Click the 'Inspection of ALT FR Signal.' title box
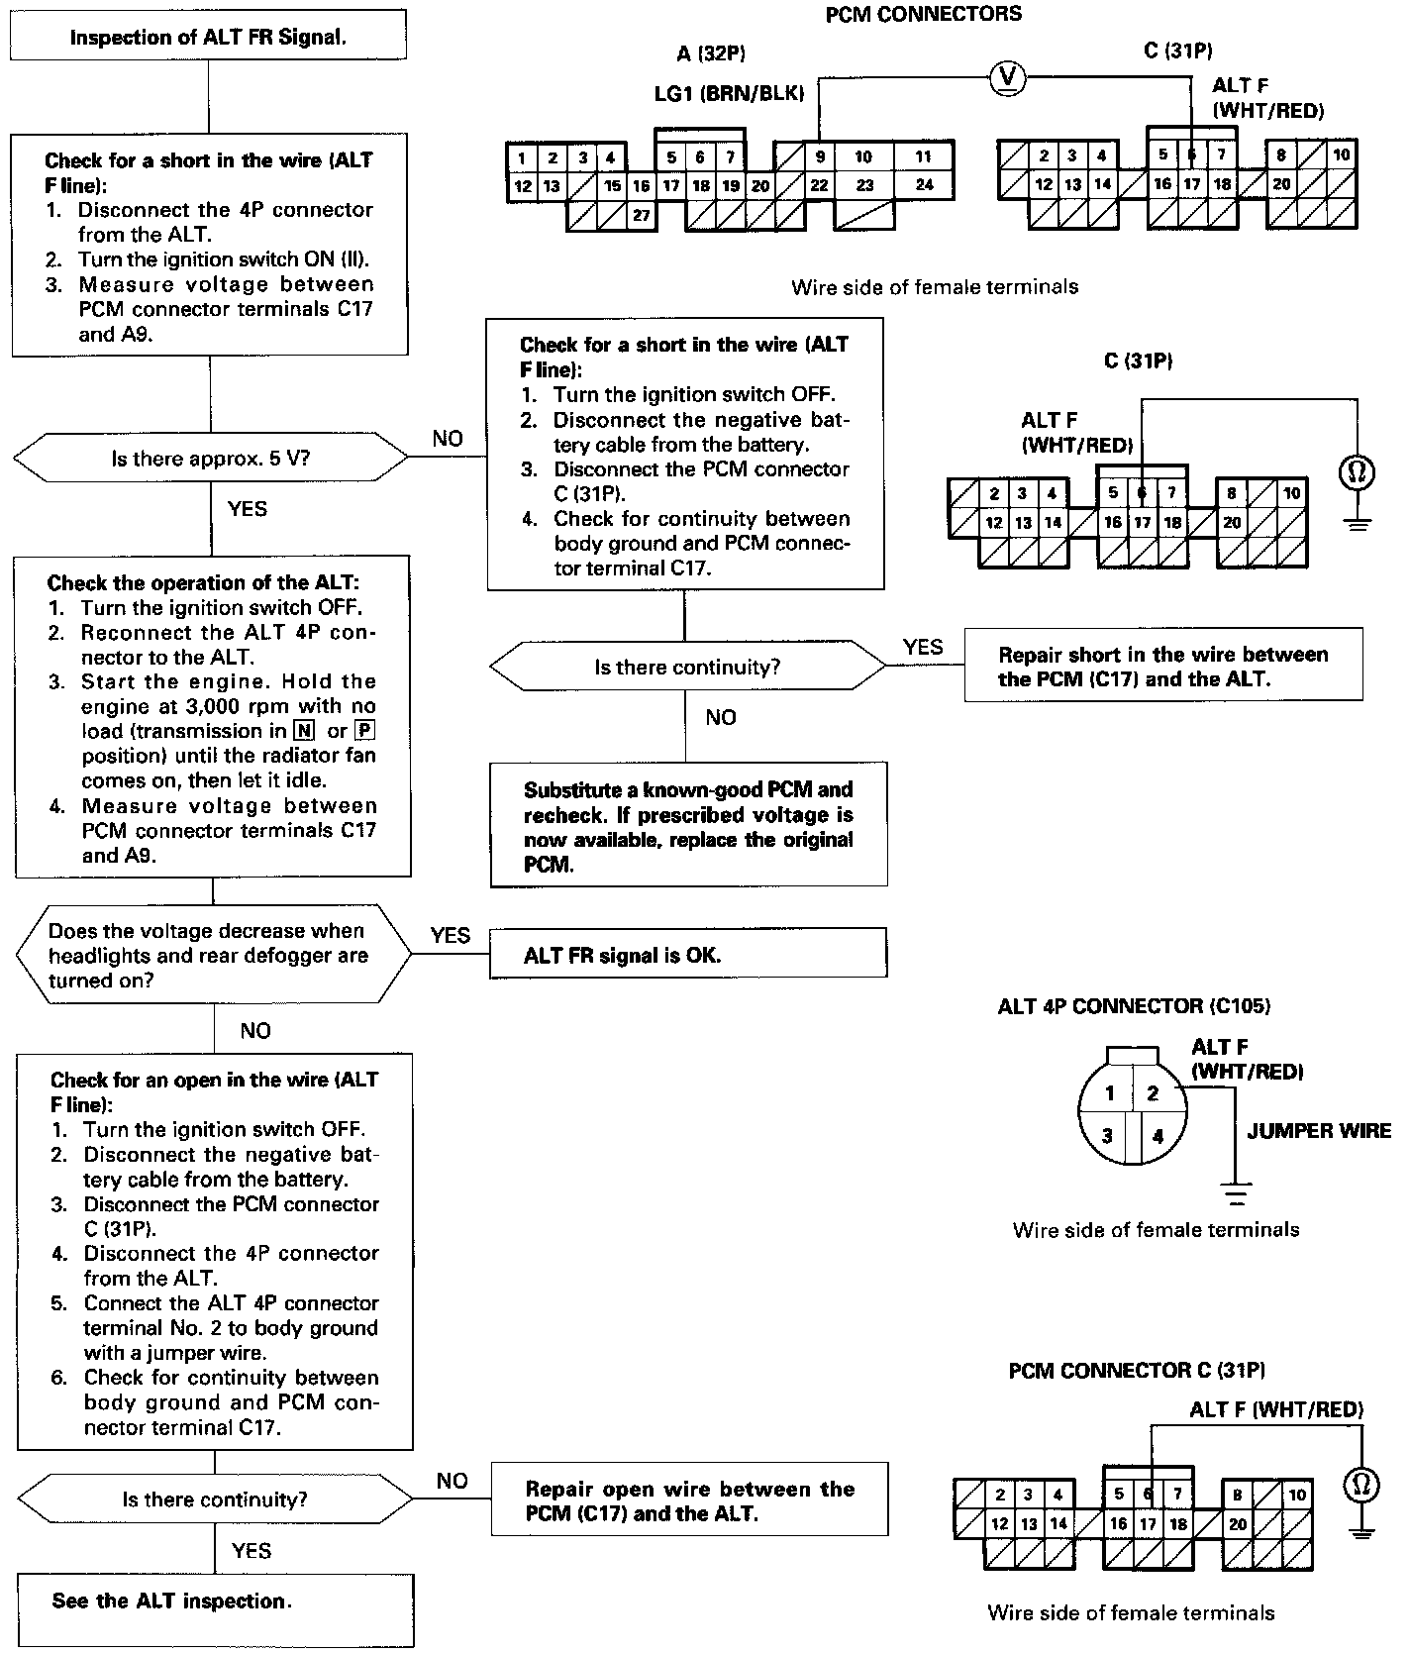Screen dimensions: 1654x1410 coord(208,38)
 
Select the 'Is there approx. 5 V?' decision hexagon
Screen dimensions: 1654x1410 coord(210,459)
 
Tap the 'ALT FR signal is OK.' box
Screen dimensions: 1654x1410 coord(688,955)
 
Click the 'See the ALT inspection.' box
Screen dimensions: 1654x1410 coord(215,1602)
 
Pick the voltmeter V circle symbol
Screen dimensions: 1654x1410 coord(1009,78)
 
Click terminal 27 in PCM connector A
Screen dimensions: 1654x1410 coord(641,215)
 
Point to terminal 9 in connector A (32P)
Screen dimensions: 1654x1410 coord(820,156)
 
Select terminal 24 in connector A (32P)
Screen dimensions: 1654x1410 coord(924,184)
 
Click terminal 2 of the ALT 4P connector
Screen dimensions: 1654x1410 coord(1152,1093)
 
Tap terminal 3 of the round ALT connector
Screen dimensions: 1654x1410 coord(1108,1135)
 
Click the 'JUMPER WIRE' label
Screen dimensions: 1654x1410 coord(1318,1131)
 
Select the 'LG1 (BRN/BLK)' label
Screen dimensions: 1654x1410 coord(729,93)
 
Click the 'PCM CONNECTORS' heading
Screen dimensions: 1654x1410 coord(923,14)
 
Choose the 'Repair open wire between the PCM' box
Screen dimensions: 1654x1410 coord(689,1500)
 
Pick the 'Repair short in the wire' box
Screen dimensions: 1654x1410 coord(1162,666)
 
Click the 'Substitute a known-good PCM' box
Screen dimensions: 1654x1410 coord(688,826)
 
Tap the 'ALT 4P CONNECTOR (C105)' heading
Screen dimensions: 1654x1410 coord(1134,1006)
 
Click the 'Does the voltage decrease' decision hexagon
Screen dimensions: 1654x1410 coord(214,955)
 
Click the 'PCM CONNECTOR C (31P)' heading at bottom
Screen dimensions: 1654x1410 coord(1137,1371)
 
